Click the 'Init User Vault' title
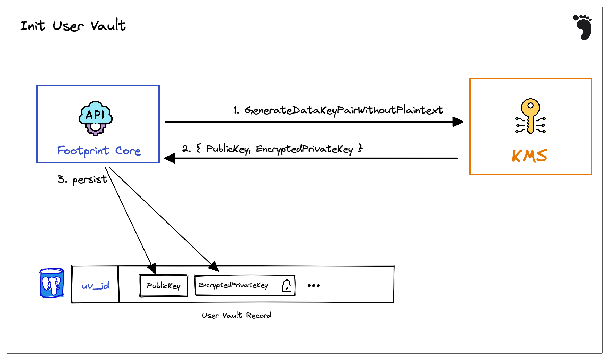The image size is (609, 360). [x=73, y=26]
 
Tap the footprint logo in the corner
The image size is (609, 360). [x=583, y=27]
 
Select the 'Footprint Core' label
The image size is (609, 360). [x=99, y=151]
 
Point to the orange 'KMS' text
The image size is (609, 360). [x=529, y=156]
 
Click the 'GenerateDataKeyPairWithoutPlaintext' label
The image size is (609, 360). [x=344, y=110]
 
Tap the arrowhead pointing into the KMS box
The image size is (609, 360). [x=458, y=122]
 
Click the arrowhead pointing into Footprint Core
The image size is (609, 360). [x=170, y=159]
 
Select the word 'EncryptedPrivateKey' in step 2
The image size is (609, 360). [x=304, y=149]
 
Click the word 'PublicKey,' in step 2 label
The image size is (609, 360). [x=228, y=149]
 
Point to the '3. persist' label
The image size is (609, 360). [x=82, y=179]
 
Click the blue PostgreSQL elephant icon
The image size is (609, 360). [x=51, y=283]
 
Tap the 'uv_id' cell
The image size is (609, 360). [x=96, y=286]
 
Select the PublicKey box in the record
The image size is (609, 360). [x=164, y=286]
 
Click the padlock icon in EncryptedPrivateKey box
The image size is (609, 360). [x=287, y=286]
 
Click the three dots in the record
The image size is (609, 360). [x=313, y=286]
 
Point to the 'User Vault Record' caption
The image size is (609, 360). [x=237, y=315]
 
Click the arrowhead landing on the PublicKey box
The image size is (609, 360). [x=152, y=269]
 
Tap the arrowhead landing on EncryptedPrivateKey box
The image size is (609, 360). [x=214, y=267]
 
